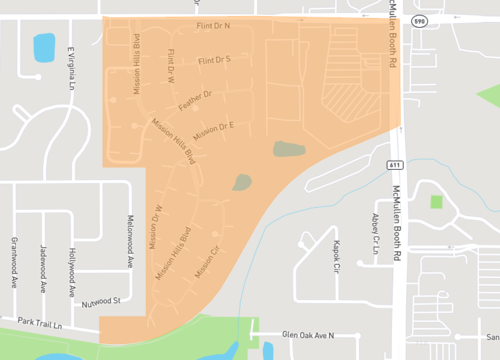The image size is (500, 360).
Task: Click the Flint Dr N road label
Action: coord(212,24)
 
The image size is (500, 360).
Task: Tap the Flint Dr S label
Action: coord(214,61)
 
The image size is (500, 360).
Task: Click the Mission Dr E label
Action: coord(213,129)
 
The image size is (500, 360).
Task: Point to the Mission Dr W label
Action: coord(155,226)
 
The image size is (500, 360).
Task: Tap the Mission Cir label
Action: coord(207,268)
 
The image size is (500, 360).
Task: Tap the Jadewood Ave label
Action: coord(42,268)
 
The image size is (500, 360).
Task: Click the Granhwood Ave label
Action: coord(14,262)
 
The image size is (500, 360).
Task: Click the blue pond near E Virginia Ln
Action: coord(44,46)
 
